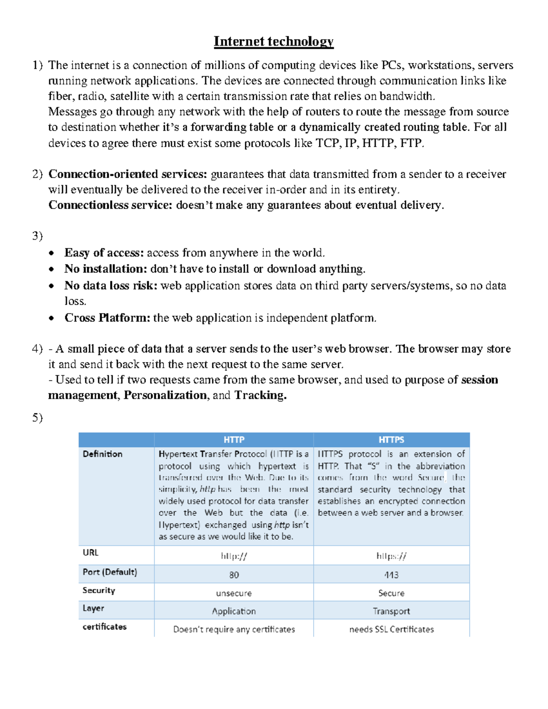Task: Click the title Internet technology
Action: click(274, 42)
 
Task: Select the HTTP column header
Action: click(234, 440)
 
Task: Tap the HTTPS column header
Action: click(391, 440)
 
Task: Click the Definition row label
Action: click(103, 454)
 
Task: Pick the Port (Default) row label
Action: click(110, 572)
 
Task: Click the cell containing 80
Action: click(234, 575)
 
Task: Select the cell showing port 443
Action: click(391, 575)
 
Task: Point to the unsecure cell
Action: click(234, 593)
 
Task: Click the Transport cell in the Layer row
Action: click(391, 611)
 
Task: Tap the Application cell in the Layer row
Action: click(234, 611)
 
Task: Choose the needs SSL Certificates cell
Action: click(391, 629)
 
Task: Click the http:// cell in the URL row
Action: click(234, 556)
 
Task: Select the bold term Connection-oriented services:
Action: click(128, 174)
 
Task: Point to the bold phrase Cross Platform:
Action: click(107, 318)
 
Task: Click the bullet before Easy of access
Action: click(53, 253)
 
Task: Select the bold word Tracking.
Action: click(260, 395)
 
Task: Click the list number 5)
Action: click(37, 418)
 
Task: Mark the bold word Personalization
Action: click(165, 395)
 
